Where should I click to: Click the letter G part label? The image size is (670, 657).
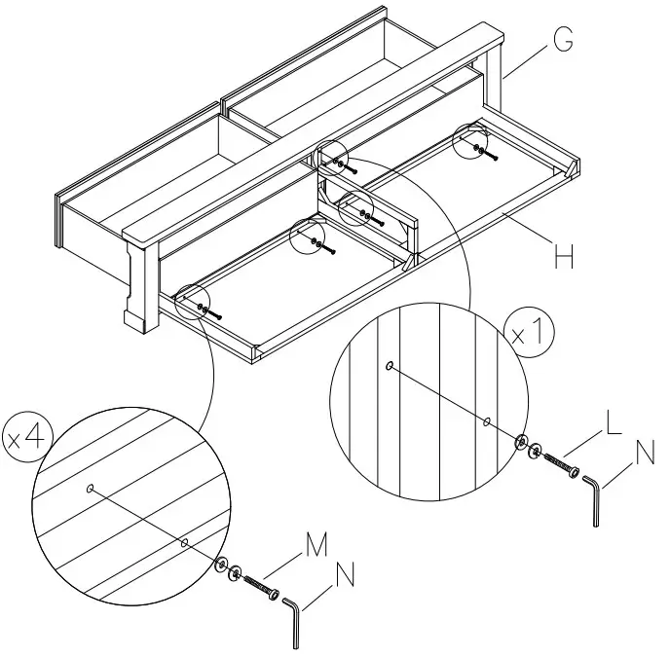pos(561,40)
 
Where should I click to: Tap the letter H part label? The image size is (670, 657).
pos(562,257)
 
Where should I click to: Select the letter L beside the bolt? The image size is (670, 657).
pos(613,422)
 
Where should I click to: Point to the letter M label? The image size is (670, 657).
pos(316,546)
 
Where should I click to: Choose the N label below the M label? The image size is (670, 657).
pos(345,576)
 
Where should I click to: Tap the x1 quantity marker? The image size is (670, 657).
pos(533,334)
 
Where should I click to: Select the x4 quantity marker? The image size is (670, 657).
pos(27,437)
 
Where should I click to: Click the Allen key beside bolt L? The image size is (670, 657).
pos(593,497)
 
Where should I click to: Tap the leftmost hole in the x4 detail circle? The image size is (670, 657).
pos(91,489)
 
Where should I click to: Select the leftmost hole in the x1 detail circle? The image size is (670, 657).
pos(390,366)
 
